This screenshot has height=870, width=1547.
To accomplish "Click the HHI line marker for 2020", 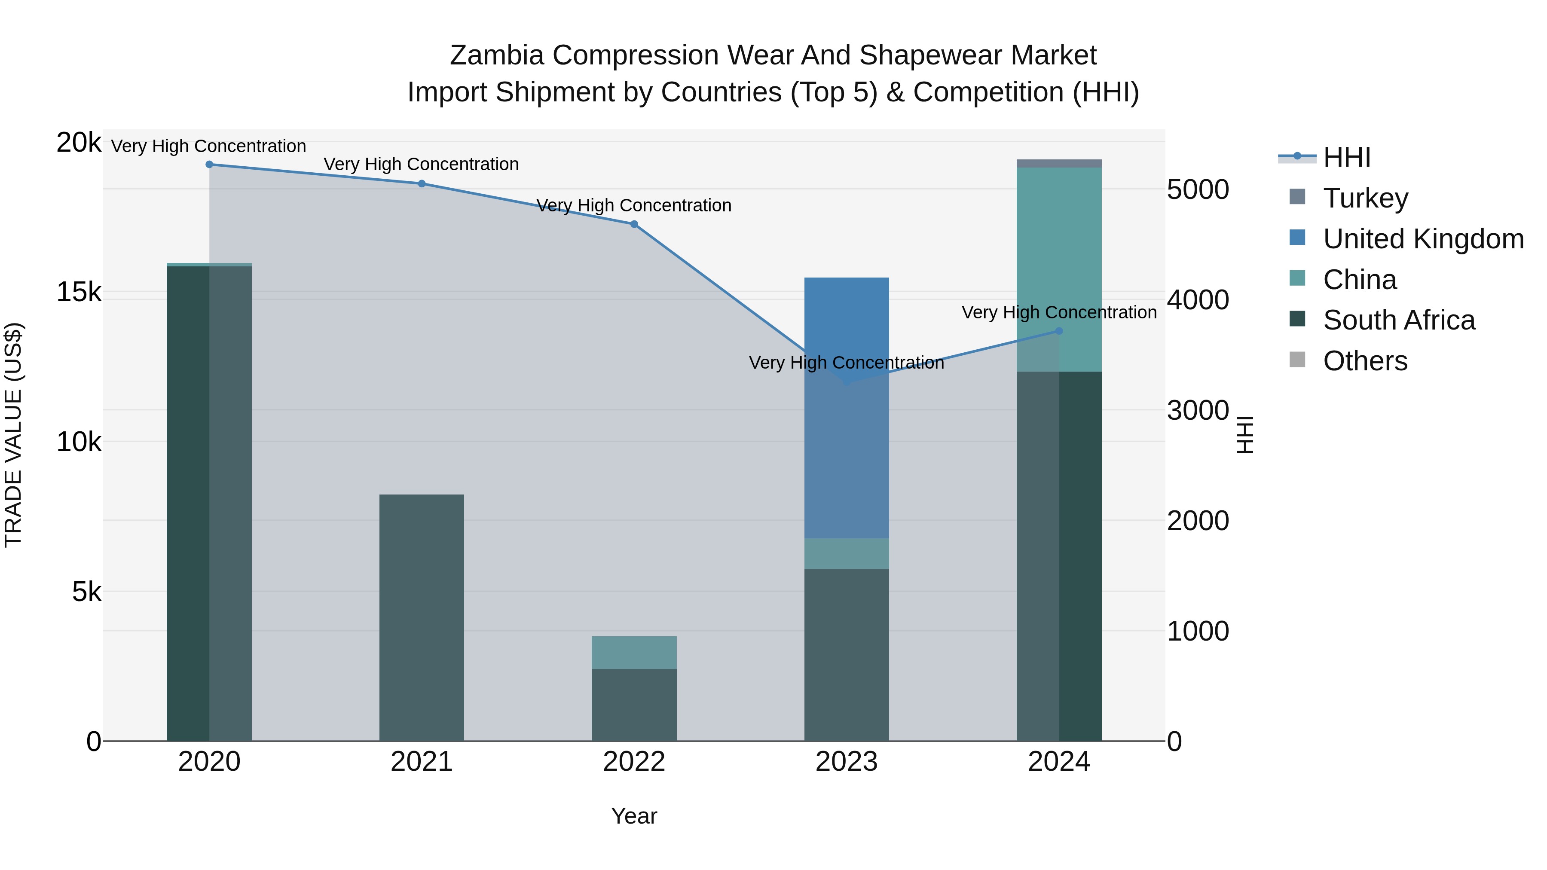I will [209, 165].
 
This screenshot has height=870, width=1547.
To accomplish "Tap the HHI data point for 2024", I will [1059, 331].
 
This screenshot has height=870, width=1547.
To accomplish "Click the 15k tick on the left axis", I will [79, 293].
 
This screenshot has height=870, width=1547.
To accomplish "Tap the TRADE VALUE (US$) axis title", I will [14, 435].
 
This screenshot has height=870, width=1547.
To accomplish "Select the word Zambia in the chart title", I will [497, 56].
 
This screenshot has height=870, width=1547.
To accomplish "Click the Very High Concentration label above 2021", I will [422, 165].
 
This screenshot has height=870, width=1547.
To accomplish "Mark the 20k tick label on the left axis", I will [79, 143].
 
